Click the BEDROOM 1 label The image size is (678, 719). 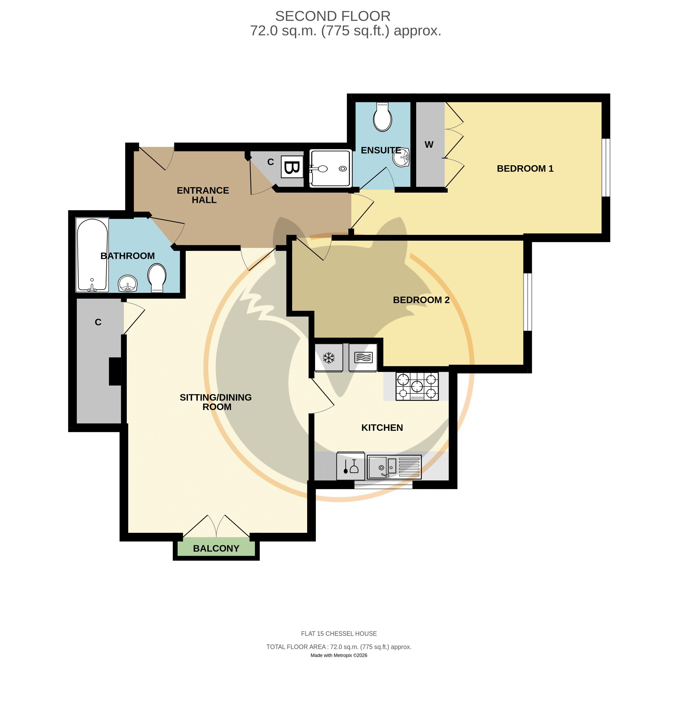(525, 168)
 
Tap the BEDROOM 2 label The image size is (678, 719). (421, 300)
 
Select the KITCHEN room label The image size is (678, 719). (382, 428)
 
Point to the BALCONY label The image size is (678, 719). (216, 548)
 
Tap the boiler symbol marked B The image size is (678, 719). (292, 167)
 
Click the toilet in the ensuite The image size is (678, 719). (383, 117)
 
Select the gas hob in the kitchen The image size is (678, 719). (417, 386)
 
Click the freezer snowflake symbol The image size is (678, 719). (329, 358)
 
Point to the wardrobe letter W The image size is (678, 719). (429, 145)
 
